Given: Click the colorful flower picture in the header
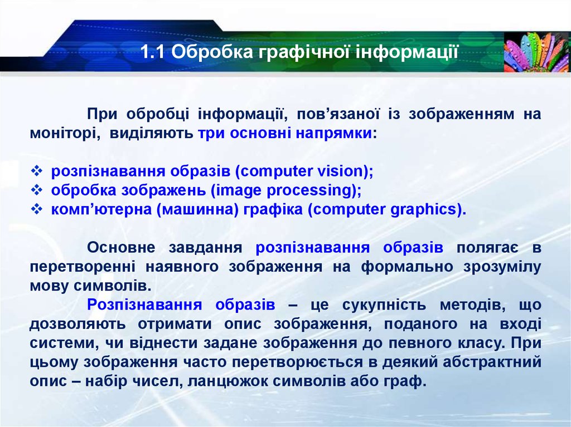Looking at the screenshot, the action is pos(536,52).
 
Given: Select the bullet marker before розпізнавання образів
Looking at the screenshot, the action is pos(36,170).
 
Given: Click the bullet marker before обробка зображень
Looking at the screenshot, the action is pos(36,190).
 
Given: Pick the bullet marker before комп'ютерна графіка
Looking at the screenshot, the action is pos(36,209).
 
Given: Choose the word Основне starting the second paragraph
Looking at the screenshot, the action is pos(121,247).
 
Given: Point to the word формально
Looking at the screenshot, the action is pos(407,267).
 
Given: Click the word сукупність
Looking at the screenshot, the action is pos(384,305).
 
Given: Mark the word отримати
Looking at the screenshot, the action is pos(175,324).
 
